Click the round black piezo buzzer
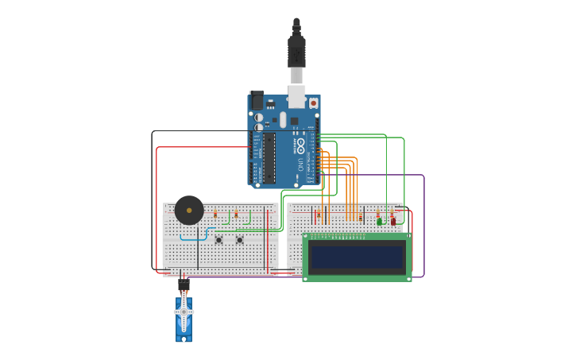[x=189, y=210]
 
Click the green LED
[x=380, y=221]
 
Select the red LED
[x=392, y=221]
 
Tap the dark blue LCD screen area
[x=357, y=257]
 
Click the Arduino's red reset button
[x=313, y=103]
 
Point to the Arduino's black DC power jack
[x=257, y=100]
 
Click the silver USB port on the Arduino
[x=296, y=96]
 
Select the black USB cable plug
[x=296, y=52]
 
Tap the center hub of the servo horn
[x=184, y=312]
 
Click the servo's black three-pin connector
[x=184, y=282]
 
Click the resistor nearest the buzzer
[x=215, y=214]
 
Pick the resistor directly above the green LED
[x=378, y=213]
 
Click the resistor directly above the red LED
[x=392, y=212]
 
